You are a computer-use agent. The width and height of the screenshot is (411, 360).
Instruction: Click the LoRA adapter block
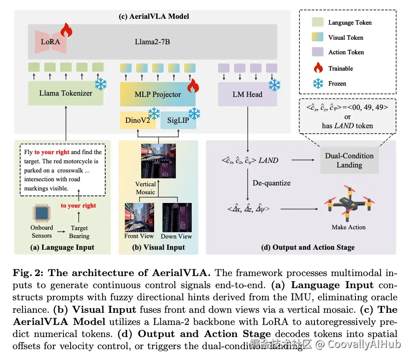click(x=51, y=42)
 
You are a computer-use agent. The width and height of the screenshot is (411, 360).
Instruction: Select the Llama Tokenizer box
click(x=66, y=93)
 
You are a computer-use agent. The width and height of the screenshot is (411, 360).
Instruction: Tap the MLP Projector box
click(x=157, y=94)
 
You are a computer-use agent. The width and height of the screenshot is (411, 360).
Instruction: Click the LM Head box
click(x=247, y=94)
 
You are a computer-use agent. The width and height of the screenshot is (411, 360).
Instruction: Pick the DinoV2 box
click(x=137, y=121)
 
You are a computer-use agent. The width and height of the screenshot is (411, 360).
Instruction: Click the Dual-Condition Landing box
click(x=349, y=160)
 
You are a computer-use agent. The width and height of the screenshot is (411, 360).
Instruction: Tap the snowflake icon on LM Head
click(x=274, y=85)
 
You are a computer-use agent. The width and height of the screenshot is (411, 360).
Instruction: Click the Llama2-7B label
click(x=152, y=42)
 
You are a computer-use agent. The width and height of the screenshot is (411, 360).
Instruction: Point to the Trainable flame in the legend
click(x=318, y=68)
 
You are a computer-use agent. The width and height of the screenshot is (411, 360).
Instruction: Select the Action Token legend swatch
click(x=318, y=52)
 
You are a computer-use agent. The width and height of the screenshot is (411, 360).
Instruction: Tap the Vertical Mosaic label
click(x=145, y=188)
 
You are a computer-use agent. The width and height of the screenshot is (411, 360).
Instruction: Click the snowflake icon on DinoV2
click(x=154, y=113)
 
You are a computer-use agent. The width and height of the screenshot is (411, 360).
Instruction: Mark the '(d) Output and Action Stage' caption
click(x=308, y=247)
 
